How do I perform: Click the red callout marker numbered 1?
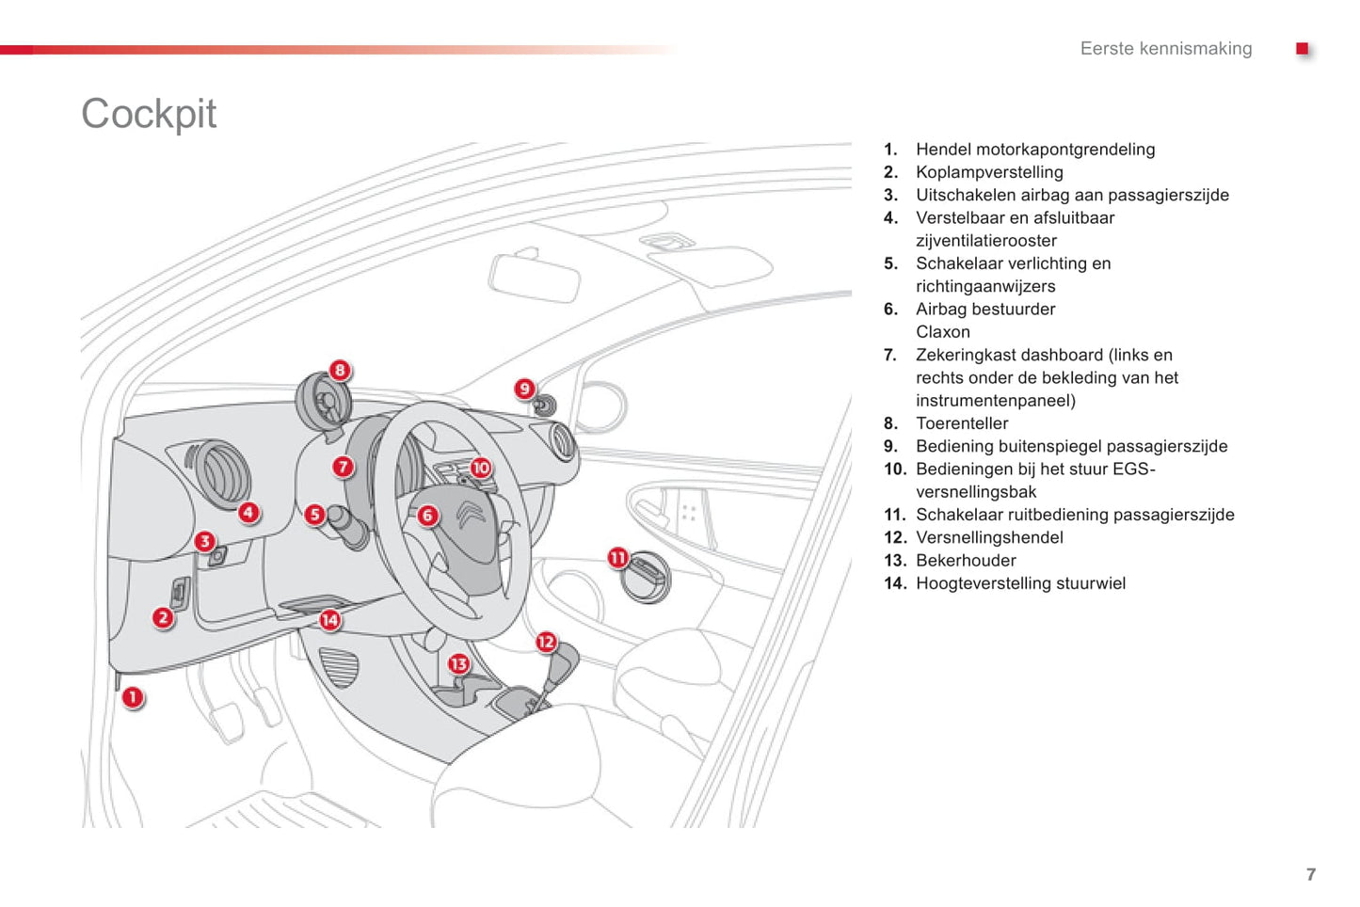point(133,697)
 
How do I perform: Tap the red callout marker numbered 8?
point(340,371)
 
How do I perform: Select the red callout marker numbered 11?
point(617,558)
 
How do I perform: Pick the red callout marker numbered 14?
point(329,620)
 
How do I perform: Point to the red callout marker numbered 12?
point(546,642)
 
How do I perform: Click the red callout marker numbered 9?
point(525,389)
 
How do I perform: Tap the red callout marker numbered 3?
point(204,542)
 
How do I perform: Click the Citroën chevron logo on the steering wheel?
point(471,514)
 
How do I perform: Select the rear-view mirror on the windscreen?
point(534,277)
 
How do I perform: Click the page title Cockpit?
point(149,114)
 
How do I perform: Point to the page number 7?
point(1311,874)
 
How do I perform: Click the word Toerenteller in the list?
point(962,423)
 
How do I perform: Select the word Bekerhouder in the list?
point(966,561)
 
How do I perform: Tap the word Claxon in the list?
point(943,332)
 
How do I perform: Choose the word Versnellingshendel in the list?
point(989,537)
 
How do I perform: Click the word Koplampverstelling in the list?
point(989,172)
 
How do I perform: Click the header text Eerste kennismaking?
point(1166,49)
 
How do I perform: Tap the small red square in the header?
point(1303,49)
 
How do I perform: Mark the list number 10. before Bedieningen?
point(894,469)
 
